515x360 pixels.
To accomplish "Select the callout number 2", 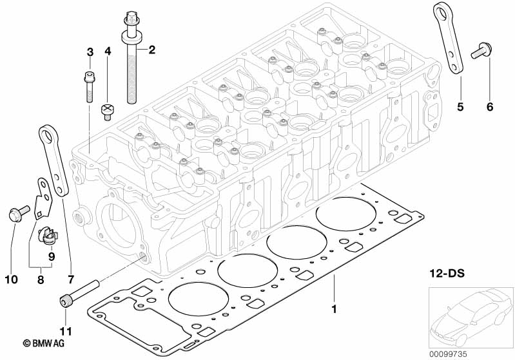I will [152, 50].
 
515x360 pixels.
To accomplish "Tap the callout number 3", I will [90, 52].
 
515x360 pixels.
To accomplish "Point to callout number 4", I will [108, 52].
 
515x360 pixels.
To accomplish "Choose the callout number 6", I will [489, 107].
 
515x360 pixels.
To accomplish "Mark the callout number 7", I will [70, 279].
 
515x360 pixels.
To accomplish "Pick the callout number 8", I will [41, 279].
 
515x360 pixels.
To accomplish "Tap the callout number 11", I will [66, 332].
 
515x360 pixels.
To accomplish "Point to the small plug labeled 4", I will [108, 111].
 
